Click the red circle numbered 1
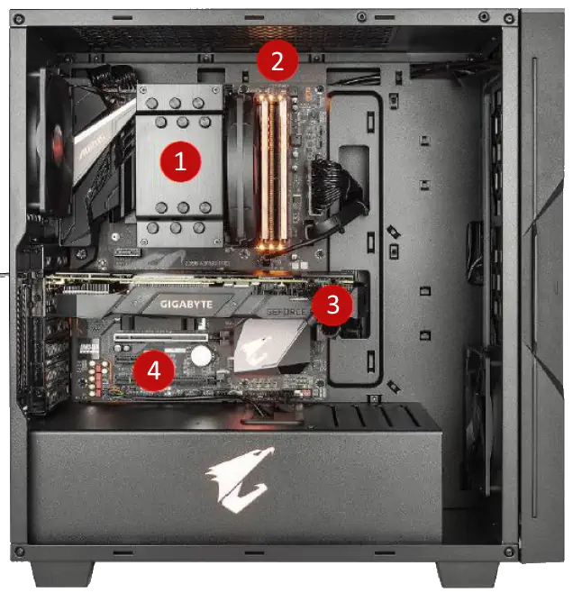tap(179, 161)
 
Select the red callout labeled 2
tap(277, 61)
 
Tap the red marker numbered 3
tap(332, 305)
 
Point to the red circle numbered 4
tap(154, 369)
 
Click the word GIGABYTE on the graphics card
tap(186, 305)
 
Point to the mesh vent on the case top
tap(234, 36)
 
